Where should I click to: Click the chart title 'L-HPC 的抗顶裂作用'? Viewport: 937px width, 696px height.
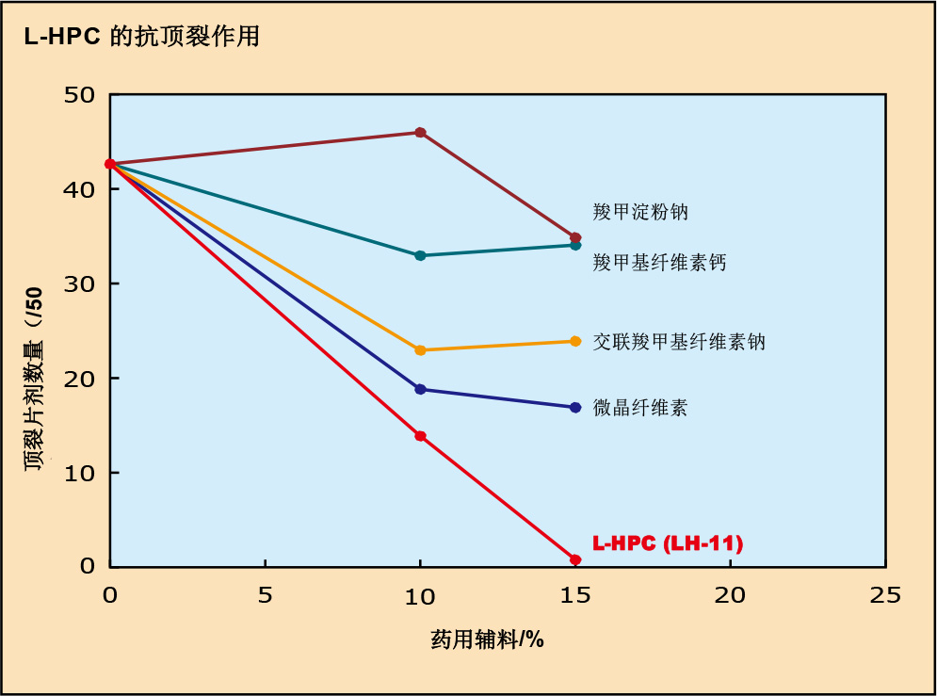141,37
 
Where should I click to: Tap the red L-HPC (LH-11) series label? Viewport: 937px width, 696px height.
668,543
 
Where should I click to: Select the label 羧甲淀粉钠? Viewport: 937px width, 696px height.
640,211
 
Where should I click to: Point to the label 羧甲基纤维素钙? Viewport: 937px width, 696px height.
659,262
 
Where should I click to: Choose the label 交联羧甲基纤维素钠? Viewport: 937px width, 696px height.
679,341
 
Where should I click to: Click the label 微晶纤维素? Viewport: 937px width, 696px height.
640,408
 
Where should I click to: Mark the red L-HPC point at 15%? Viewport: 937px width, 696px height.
575,559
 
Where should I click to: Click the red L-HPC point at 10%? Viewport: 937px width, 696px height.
420,436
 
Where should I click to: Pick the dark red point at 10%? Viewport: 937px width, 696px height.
420,133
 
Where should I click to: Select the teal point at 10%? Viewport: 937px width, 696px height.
420,255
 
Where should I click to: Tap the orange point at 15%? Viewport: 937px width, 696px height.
575,341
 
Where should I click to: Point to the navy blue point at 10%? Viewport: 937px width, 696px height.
420,389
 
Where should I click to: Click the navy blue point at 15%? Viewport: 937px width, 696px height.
575,408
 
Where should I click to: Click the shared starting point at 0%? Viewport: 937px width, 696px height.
110,164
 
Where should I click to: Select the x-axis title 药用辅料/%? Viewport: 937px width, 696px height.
487,640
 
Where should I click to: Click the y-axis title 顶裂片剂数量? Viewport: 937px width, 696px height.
35,377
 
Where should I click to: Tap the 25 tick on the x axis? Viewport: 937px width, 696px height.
885,595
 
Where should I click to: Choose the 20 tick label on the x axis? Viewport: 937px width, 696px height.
730,595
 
